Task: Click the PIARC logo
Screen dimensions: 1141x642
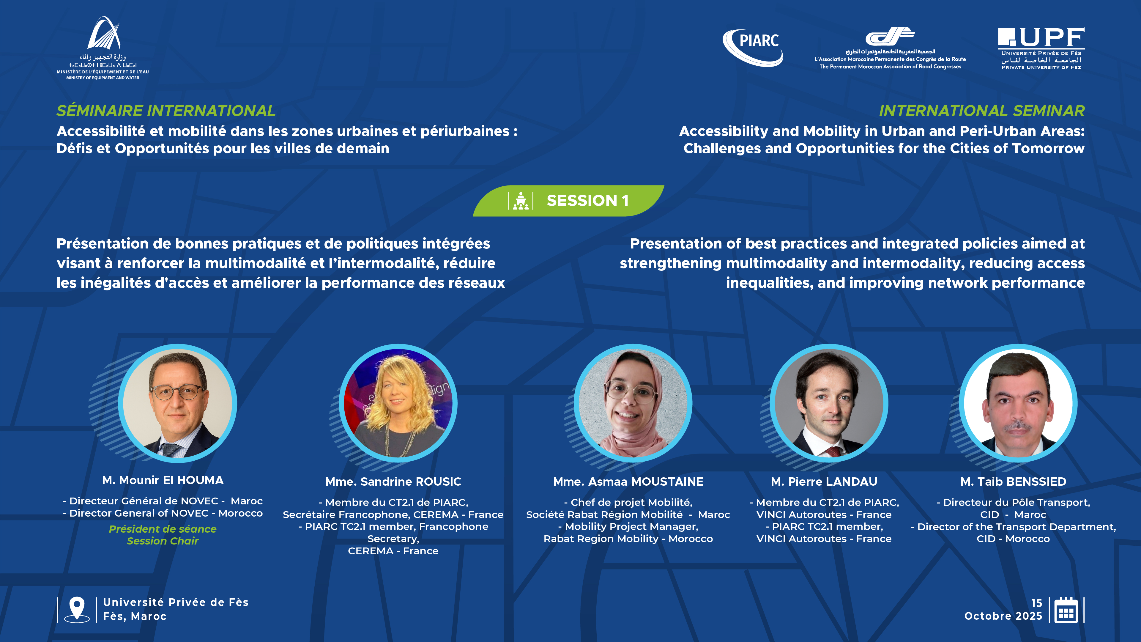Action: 753,48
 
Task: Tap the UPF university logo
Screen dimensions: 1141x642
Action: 1041,48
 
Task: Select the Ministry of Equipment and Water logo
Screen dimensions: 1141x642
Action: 103,48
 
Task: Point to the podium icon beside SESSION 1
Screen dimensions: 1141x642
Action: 521,201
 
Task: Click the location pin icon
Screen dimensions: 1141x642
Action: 77,609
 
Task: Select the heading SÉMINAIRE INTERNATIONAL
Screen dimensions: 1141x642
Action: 166,111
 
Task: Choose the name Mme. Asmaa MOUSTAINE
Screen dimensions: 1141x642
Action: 628,481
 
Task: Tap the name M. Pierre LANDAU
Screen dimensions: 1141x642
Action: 824,481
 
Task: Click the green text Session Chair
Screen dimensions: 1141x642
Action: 163,541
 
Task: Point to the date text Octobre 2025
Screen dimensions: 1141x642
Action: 1003,616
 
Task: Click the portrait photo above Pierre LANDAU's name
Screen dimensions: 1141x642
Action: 829,403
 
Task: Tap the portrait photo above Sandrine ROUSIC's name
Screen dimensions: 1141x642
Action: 398,403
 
